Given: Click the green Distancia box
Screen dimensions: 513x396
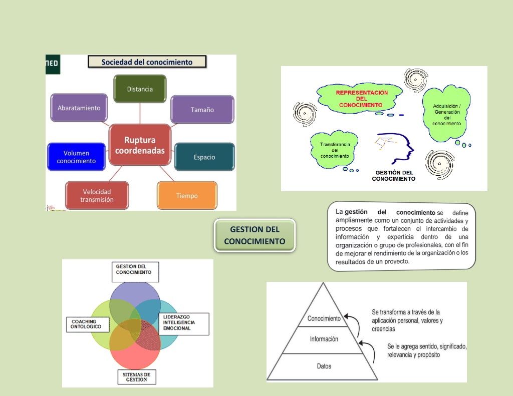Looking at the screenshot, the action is (x=140, y=89).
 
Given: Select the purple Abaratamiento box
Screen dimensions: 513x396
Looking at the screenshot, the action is (x=79, y=108).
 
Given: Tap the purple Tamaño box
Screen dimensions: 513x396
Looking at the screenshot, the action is (x=202, y=110).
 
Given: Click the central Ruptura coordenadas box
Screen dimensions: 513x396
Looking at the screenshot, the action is (x=140, y=145).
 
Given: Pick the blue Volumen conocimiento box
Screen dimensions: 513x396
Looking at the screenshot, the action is (x=76, y=157).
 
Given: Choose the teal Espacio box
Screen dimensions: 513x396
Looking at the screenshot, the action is (x=204, y=157).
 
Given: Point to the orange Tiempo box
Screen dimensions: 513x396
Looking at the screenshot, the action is (x=187, y=196).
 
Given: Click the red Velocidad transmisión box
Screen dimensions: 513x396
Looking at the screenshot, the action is (x=97, y=196).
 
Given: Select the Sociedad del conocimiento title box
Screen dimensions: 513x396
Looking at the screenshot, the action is (x=147, y=62).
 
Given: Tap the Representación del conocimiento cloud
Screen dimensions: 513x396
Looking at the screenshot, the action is (x=360, y=99).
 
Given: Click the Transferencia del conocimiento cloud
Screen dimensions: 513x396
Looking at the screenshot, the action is (x=334, y=150).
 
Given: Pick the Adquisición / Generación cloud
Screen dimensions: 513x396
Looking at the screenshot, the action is (x=446, y=115).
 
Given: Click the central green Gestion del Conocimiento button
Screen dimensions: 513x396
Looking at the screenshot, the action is (x=254, y=235).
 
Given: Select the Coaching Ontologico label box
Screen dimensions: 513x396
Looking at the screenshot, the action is (x=88, y=324).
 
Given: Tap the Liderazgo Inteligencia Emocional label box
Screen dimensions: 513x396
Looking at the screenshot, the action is (x=184, y=324).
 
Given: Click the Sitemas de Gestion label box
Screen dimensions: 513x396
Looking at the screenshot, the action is (x=137, y=377).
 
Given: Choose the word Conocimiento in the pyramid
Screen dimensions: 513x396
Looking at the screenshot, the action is (x=324, y=318).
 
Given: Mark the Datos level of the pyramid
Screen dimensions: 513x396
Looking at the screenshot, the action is (x=323, y=366).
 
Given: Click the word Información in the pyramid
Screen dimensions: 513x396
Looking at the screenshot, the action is (x=324, y=339).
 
